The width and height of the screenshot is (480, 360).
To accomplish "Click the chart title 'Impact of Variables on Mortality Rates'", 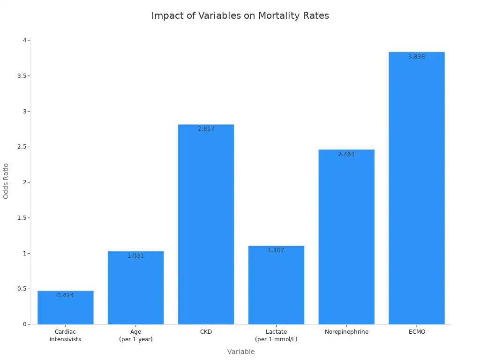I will click(240, 15).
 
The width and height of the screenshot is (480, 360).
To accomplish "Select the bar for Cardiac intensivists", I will click(66, 309).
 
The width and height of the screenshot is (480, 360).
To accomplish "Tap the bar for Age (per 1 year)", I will click(136, 291).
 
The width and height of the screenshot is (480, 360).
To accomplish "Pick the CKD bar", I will click(206, 225).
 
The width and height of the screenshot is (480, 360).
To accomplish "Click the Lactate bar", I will click(276, 286).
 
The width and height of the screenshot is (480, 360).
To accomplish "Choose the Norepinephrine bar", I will click(346, 239).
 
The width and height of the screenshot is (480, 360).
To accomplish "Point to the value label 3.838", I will click(416, 57).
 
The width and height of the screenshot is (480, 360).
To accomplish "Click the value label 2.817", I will click(206, 129).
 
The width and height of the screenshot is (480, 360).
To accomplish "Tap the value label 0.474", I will click(66, 295).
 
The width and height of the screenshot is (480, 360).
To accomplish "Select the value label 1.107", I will click(276, 250).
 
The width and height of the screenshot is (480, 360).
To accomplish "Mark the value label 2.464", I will click(346, 154).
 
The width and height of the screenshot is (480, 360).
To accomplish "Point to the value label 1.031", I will click(136, 256).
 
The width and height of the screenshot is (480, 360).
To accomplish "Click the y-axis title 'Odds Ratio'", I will click(6, 181).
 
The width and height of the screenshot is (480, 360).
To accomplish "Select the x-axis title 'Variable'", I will click(241, 352).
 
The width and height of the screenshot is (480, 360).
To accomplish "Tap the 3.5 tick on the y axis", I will click(21, 76).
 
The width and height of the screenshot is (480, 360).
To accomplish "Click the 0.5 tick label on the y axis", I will click(21, 289).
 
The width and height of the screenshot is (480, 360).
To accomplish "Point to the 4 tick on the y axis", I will click(24, 40).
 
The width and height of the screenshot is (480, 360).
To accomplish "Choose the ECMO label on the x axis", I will click(416, 332).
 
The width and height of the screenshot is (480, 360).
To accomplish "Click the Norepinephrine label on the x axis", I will click(346, 332).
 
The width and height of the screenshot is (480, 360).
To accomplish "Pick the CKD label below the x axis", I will click(206, 332).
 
